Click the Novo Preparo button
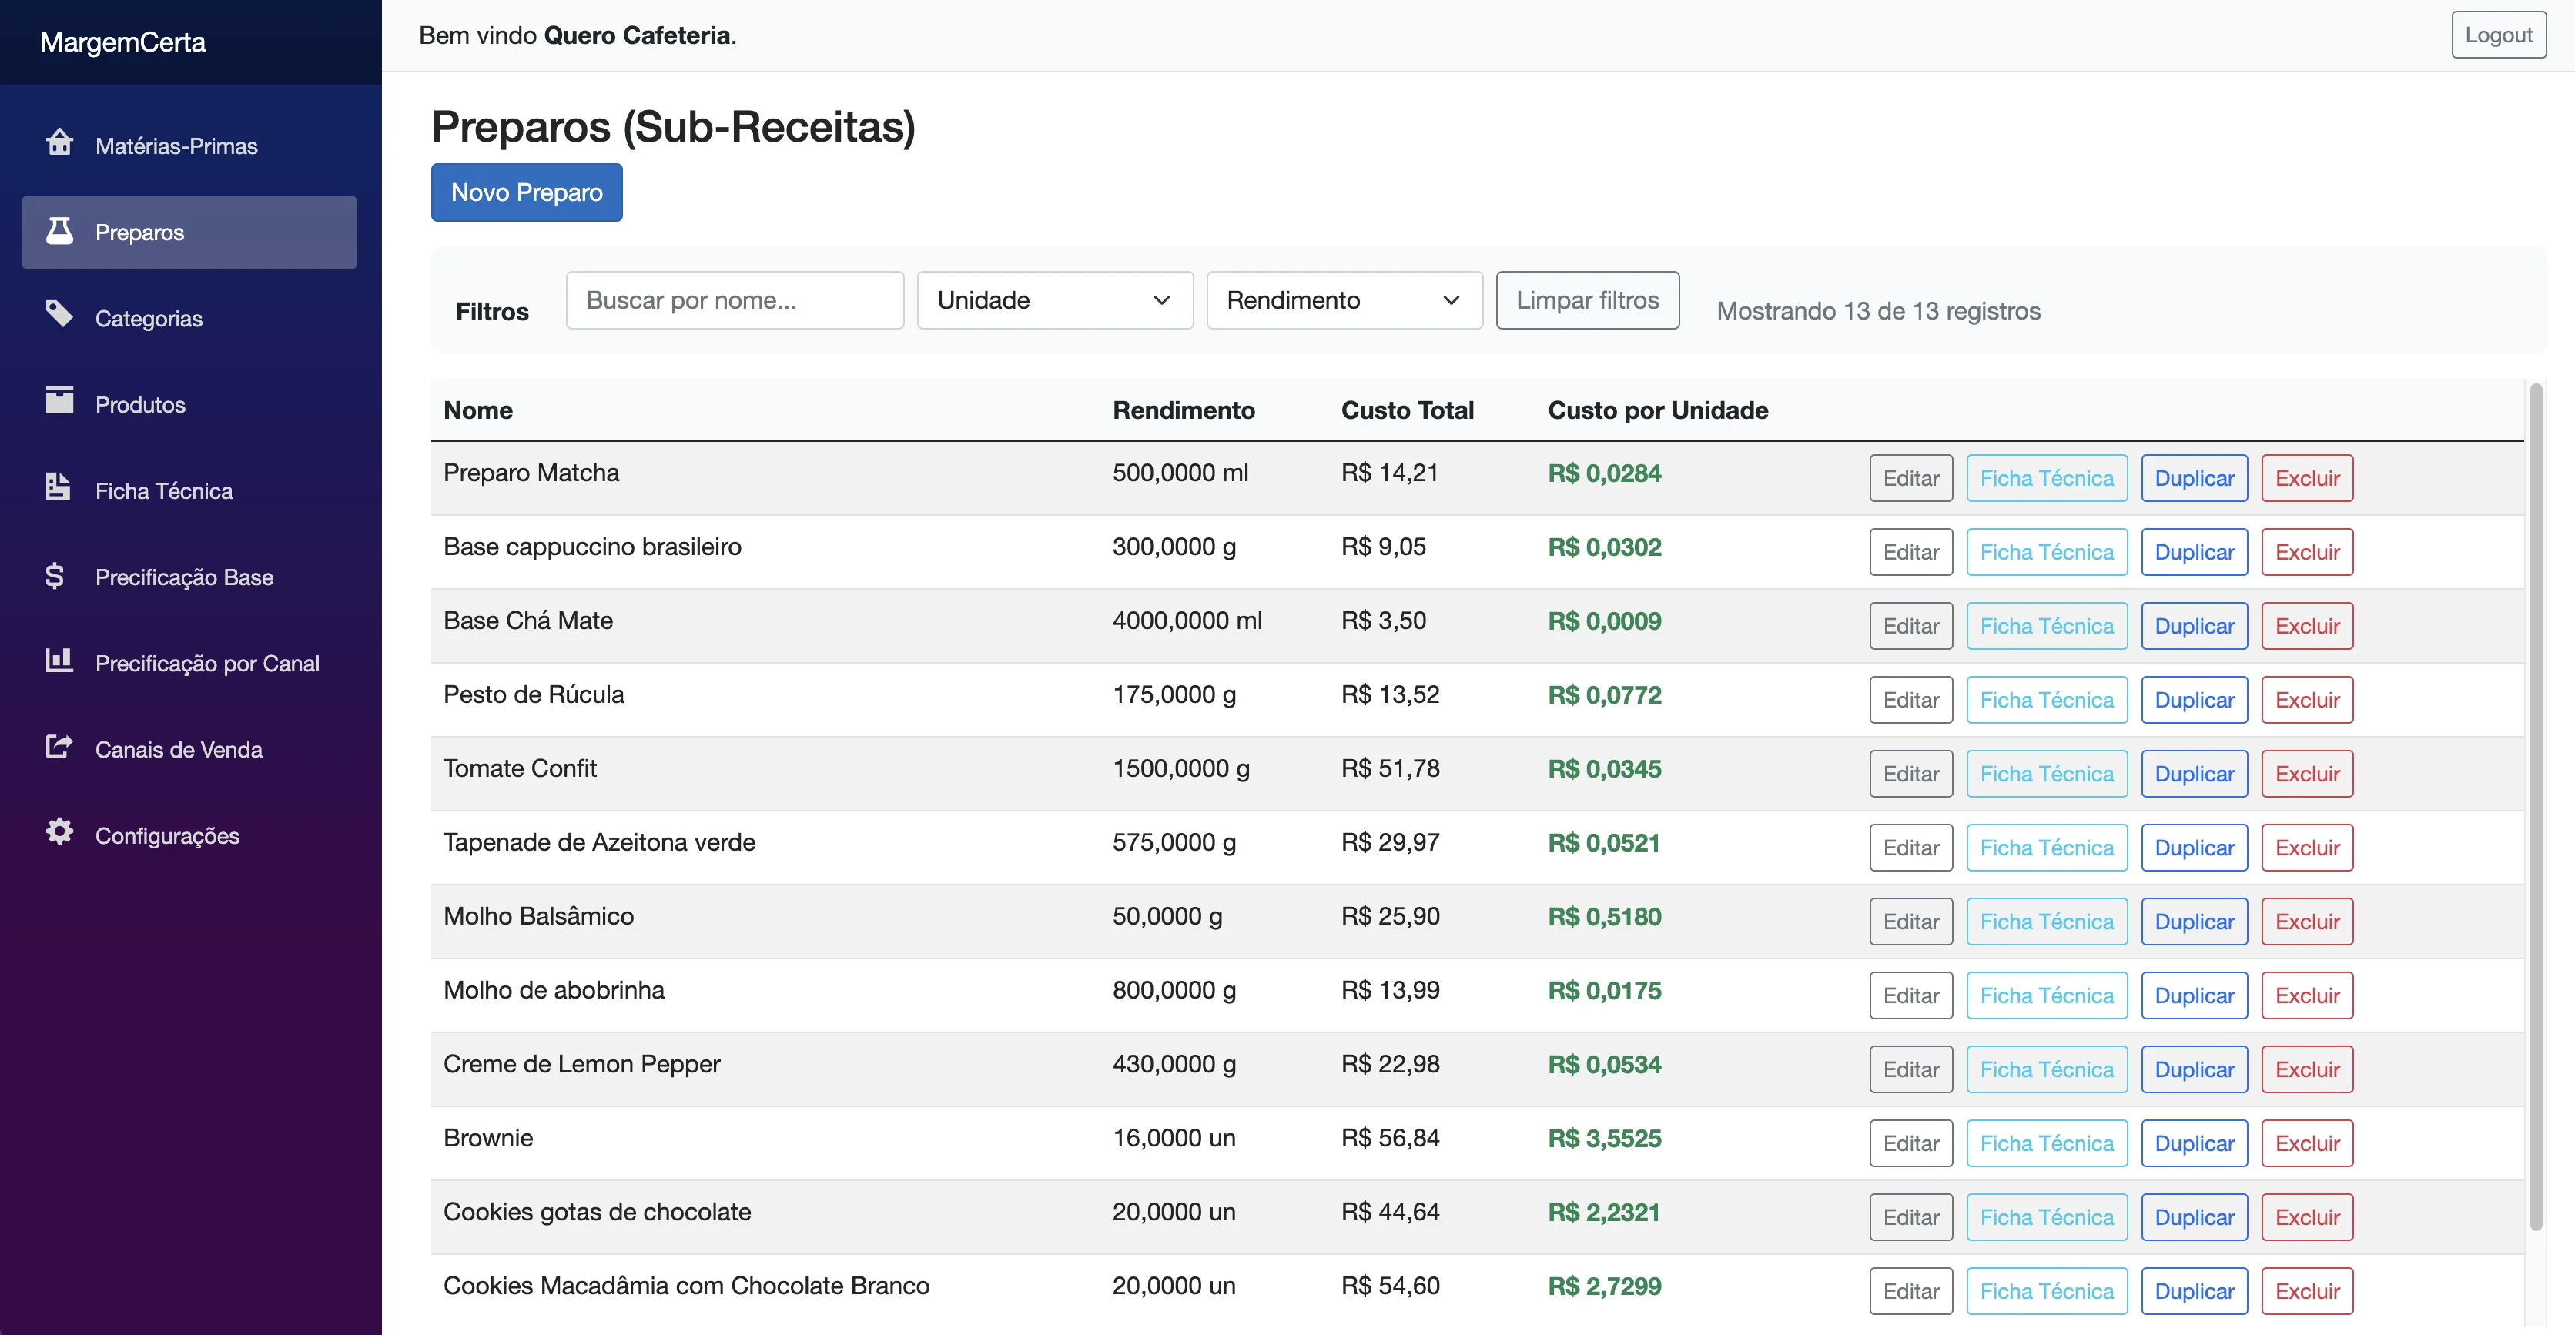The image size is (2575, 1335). click(x=527, y=192)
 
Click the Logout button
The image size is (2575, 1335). click(x=2498, y=35)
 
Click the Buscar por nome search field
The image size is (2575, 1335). click(x=735, y=299)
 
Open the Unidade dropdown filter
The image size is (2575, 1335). click(x=1055, y=299)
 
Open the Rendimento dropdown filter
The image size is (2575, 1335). click(x=1344, y=299)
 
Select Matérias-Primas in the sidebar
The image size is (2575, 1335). click(x=176, y=146)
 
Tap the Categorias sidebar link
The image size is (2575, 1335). click(x=149, y=319)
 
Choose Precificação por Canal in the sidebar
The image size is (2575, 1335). click(x=207, y=664)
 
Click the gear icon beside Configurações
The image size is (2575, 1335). click(x=59, y=831)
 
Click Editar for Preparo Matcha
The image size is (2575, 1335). click(x=1910, y=477)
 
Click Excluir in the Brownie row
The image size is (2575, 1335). click(x=2307, y=1143)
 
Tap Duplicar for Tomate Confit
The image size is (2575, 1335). click(x=2194, y=774)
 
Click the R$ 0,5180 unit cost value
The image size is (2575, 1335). click(x=1605, y=916)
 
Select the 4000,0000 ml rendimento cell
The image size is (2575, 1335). click(x=1187, y=621)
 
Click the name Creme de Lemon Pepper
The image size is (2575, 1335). click(x=582, y=1064)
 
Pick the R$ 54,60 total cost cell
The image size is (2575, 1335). click(x=1391, y=1286)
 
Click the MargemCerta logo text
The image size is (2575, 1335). click(x=123, y=42)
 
